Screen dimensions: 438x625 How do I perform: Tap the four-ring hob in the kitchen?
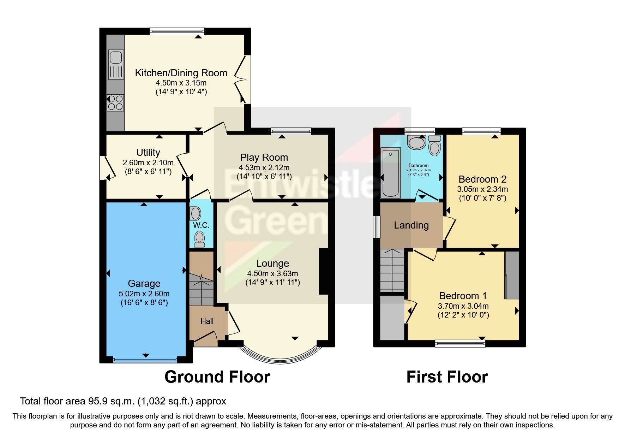pyautogui.click(x=115, y=102)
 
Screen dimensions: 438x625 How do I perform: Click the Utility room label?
pyautogui.click(x=148, y=152)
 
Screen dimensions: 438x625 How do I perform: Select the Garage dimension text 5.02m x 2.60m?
pyautogui.click(x=144, y=294)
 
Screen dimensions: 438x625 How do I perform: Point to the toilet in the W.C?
pyautogui.click(x=200, y=239)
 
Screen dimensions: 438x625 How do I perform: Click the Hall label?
pyautogui.click(x=207, y=321)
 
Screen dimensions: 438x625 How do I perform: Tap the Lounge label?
pyautogui.click(x=272, y=263)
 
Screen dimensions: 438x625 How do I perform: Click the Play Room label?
pyautogui.click(x=264, y=157)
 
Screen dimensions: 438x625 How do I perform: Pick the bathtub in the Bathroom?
pyautogui.click(x=391, y=172)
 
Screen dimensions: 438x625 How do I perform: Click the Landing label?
pyautogui.click(x=411, y=225)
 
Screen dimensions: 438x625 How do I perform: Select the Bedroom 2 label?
pyautogui.click(x=482, y=179)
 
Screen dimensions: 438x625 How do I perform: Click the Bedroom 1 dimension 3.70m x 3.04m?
pyautogui.click(x=463, y=306)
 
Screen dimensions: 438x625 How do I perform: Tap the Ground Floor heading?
pyautogui.click(x=217, y=377)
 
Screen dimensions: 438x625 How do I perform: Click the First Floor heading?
pyautogui.click(x=447, y=377)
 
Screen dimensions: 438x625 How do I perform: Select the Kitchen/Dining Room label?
pyautogui.click(x=181, y=73)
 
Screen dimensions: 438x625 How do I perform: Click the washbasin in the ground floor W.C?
pyautogui.click(x=195, y=213)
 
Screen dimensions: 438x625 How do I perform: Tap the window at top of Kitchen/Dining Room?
pyautogui.click(x=177, y=31)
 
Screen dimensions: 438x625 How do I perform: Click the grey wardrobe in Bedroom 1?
pyautogui.click(x=512, y=275)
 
